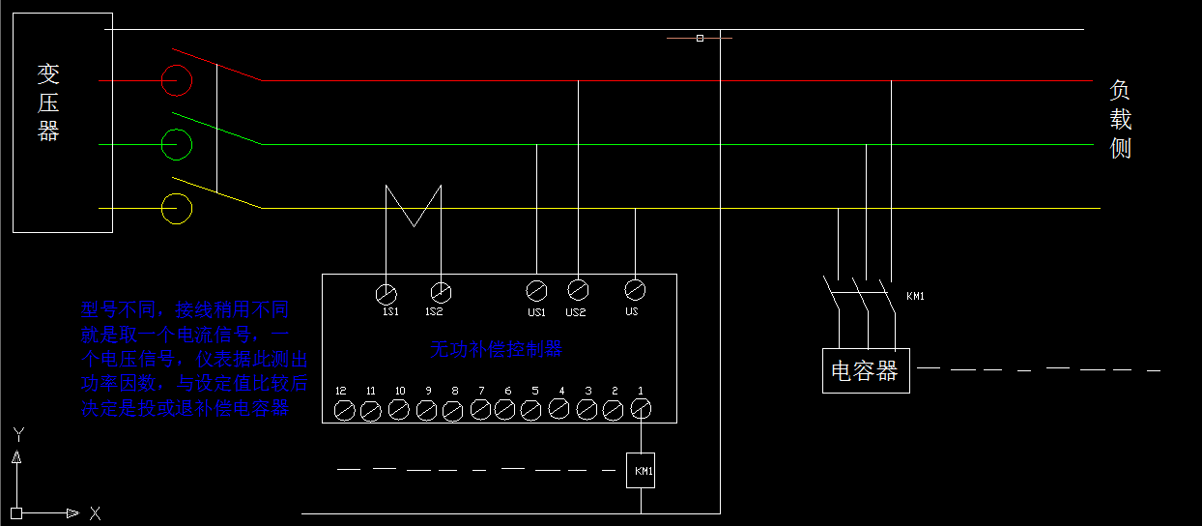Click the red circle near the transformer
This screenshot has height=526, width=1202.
[x=176, y=80]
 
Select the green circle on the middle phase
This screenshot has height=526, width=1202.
[x=176, y=144]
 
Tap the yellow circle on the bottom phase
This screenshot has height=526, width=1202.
[x=176, y=208]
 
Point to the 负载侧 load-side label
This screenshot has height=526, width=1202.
[x=1120, y=119]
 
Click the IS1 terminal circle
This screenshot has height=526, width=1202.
[x=386, y=292]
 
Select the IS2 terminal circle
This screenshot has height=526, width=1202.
[x=441, y=290]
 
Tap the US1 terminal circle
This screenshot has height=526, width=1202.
[x=536, y=289]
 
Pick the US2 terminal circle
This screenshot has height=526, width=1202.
[x=578, y=288]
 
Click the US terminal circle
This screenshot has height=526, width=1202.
[x=635, y=288]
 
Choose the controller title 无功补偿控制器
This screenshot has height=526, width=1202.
[x=496, y=349]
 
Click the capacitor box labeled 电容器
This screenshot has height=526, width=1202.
[x=865, y=369]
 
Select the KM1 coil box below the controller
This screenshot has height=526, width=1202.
[x=642, y=471]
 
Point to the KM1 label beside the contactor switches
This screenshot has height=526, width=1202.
[x=915, y=296]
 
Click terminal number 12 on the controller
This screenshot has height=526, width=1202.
[x=343, y=411]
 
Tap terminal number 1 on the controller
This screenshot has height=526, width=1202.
[x=641, y=410]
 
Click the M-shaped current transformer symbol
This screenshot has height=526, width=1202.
[x=414, y=205]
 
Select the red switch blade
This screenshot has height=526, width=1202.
[x=216, y=64]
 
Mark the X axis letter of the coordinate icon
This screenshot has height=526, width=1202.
[x=95, y=512]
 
